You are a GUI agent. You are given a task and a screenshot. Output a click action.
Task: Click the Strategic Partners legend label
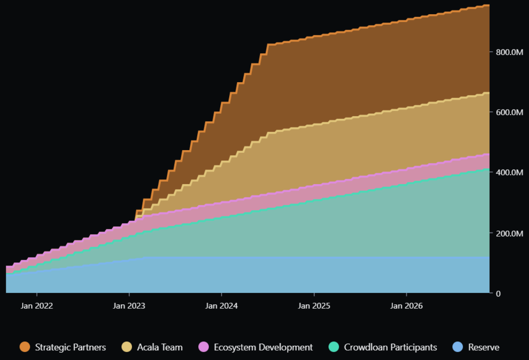(x=70, y=347)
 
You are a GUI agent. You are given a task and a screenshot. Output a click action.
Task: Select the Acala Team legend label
(x=160, y=347)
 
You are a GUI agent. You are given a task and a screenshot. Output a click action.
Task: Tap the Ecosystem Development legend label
(x=263, y=347)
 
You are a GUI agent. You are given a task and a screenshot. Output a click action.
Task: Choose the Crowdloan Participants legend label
(x=390, y=347)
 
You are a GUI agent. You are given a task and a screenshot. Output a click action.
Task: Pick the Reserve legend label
(x=484, y=347)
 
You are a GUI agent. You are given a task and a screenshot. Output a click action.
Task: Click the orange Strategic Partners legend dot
(x=25, y=347)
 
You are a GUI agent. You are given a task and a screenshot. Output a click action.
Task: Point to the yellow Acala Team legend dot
(x=127, y=347)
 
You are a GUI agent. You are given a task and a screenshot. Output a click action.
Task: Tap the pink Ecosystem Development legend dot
(x=204, y=347)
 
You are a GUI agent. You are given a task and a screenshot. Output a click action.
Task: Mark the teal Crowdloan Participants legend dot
(x=334, y=347)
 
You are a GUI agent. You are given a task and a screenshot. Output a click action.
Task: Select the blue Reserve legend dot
(x=458, y=347)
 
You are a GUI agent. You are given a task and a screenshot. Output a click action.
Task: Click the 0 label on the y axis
(x=499, y=293)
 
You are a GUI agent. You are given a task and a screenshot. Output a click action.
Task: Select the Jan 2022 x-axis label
(x=37, y=306)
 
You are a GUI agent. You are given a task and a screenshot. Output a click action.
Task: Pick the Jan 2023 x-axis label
(x=129, y=306)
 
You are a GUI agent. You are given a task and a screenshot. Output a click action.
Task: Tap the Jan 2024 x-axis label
(x=221, y=306)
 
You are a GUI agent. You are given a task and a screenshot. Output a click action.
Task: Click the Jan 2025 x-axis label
(x=314, y=306)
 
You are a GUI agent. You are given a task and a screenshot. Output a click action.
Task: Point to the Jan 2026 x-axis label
(x=406, y=306)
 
